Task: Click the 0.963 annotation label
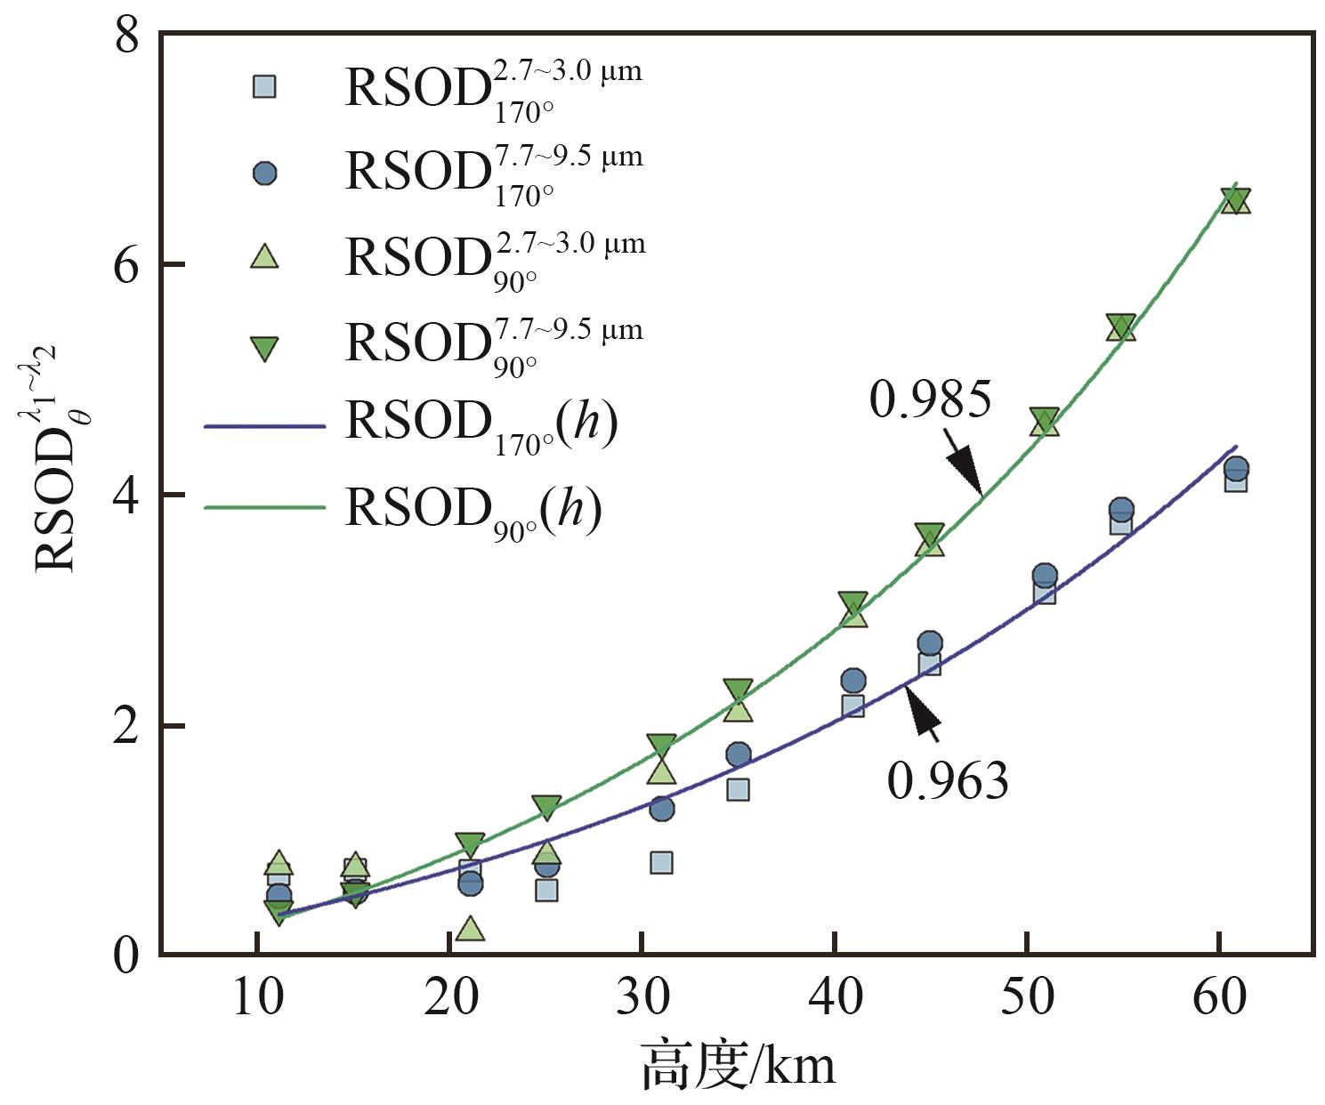(948, 781)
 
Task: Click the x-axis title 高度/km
(739, 1065)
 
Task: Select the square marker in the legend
(264, 86)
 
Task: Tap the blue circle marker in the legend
(264, 173)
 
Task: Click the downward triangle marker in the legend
(264, 348)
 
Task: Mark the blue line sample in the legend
(264, 427)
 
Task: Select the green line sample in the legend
(264, 507)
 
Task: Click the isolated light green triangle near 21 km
(470, 929)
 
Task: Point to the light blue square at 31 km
(661, 862)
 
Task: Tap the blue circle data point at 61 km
(1236, 468)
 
